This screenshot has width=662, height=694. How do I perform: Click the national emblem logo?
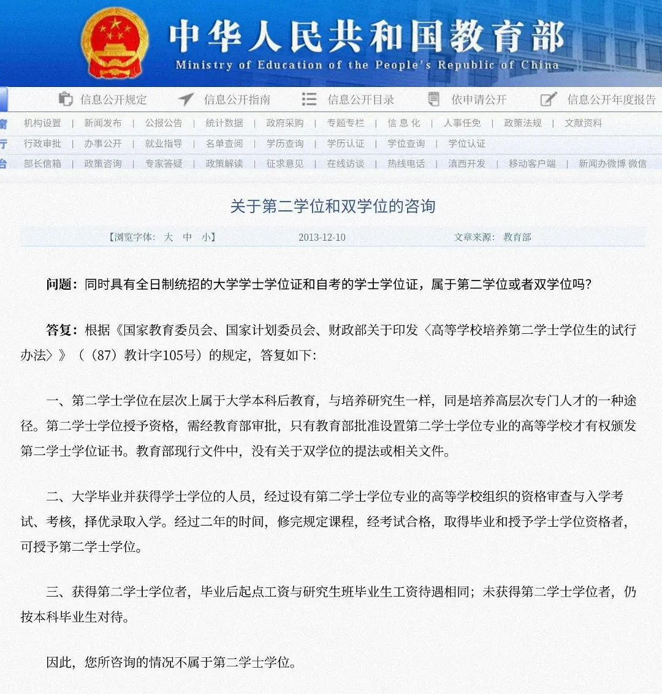coord(115,42)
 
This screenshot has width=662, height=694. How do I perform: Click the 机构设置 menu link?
coord(42,123)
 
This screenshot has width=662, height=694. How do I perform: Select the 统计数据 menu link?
coord(224,123)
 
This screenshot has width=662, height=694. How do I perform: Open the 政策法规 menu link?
coord(523,123)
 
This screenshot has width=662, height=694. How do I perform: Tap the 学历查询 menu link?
coord(285,144)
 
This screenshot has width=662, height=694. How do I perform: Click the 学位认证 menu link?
coord(466,144)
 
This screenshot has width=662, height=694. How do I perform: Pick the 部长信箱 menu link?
coord(42,164)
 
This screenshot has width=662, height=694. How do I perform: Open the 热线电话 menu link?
coord(406,164)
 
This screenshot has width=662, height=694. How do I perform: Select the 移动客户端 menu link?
coord(532,164)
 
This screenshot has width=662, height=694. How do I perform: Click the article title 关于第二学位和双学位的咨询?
coord(332,206)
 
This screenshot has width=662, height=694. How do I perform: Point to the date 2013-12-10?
coord(322,238)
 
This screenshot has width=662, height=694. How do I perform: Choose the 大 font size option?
coord(169,238)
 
